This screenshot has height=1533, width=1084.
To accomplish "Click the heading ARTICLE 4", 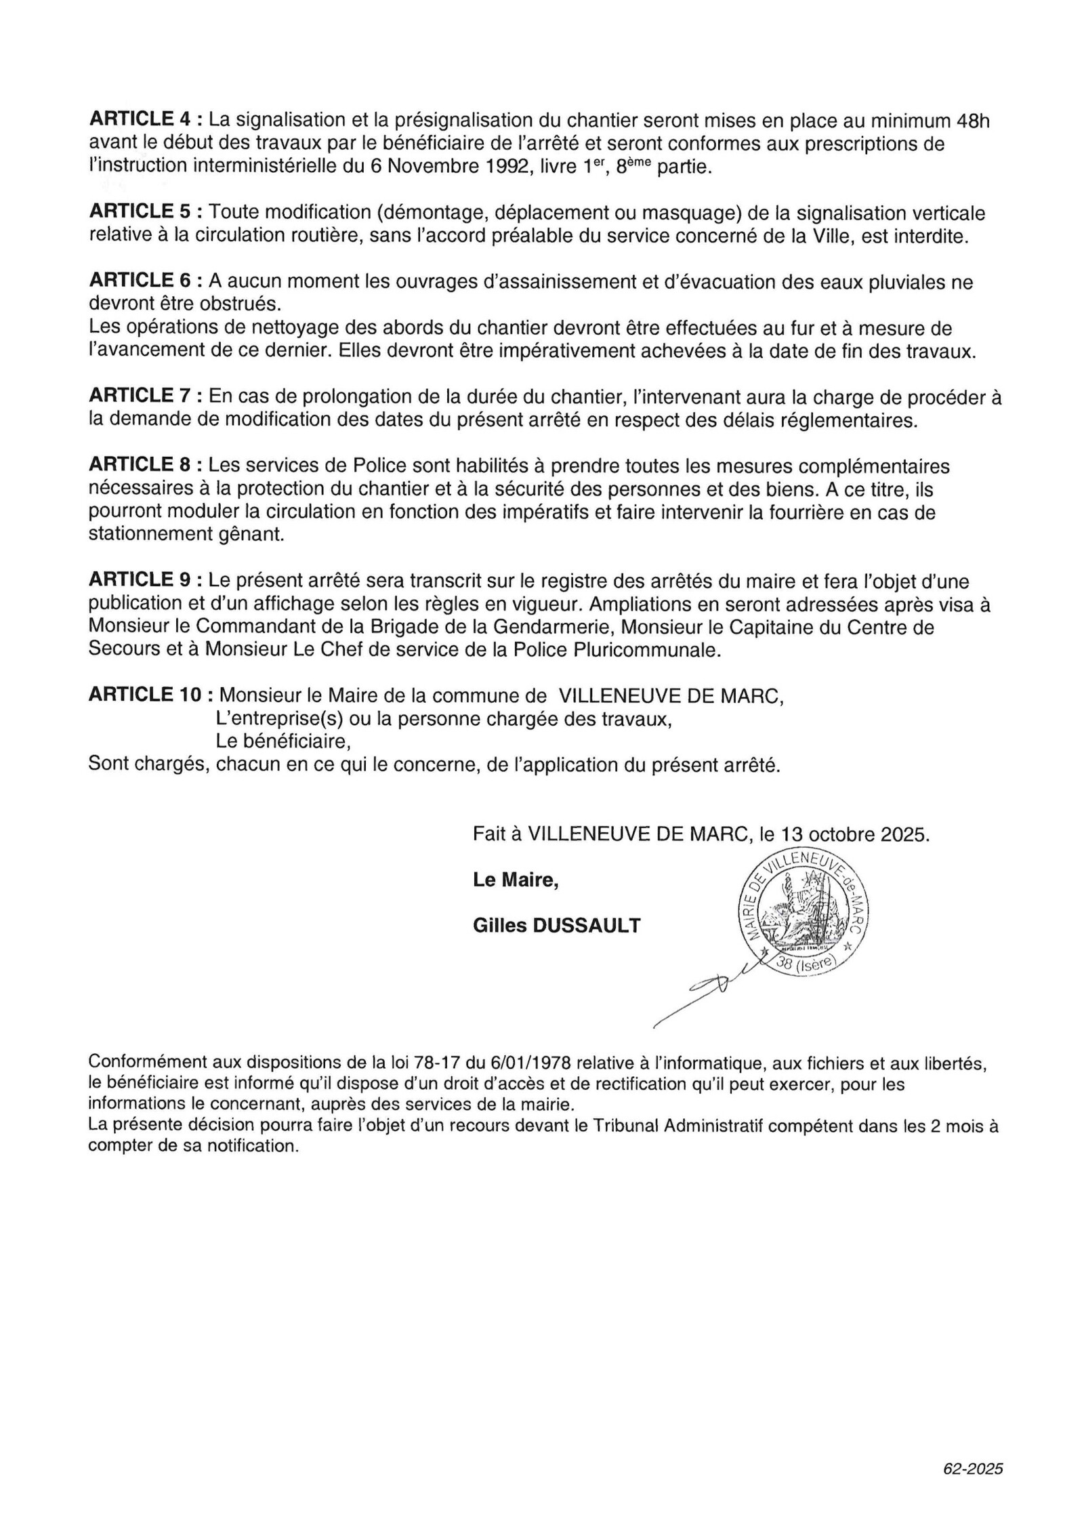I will click(141, 121).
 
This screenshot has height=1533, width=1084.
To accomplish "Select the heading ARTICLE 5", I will click(141, 212).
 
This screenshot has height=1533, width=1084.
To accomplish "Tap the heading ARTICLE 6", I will click(141, 281).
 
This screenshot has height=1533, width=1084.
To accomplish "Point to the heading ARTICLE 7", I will click(141, 396).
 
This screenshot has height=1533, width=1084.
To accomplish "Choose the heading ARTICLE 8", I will click(141, 465).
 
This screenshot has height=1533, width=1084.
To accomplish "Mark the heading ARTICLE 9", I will click(141, 580).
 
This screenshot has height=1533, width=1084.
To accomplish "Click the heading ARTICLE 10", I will click(146, 695).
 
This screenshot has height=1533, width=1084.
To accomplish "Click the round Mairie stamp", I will click(803, 913).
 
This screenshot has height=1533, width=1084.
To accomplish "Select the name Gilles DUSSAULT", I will click(556, 925).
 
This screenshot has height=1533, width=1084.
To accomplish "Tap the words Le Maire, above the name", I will click(516, 880).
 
